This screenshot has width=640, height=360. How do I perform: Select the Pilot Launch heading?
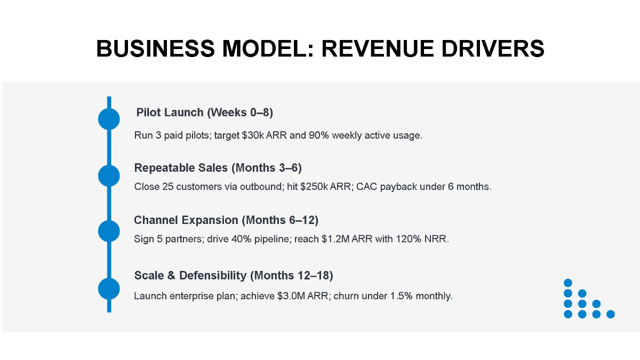(x=204, y=113)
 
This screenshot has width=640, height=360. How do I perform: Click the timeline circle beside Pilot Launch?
(x=109, y=118)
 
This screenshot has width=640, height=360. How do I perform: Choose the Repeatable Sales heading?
(x=218, y=168)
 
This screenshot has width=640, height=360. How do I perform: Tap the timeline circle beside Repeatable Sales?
(x=109, y=175)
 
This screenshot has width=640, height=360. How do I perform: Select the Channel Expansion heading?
(x=226, y=220)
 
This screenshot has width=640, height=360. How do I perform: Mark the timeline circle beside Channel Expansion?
(x=109, y=231)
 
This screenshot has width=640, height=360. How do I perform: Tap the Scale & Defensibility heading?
(x=234, y=276)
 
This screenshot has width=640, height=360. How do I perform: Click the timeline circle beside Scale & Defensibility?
(x=109, y=289)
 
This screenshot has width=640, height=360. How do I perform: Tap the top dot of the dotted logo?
(x=568, y=283)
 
